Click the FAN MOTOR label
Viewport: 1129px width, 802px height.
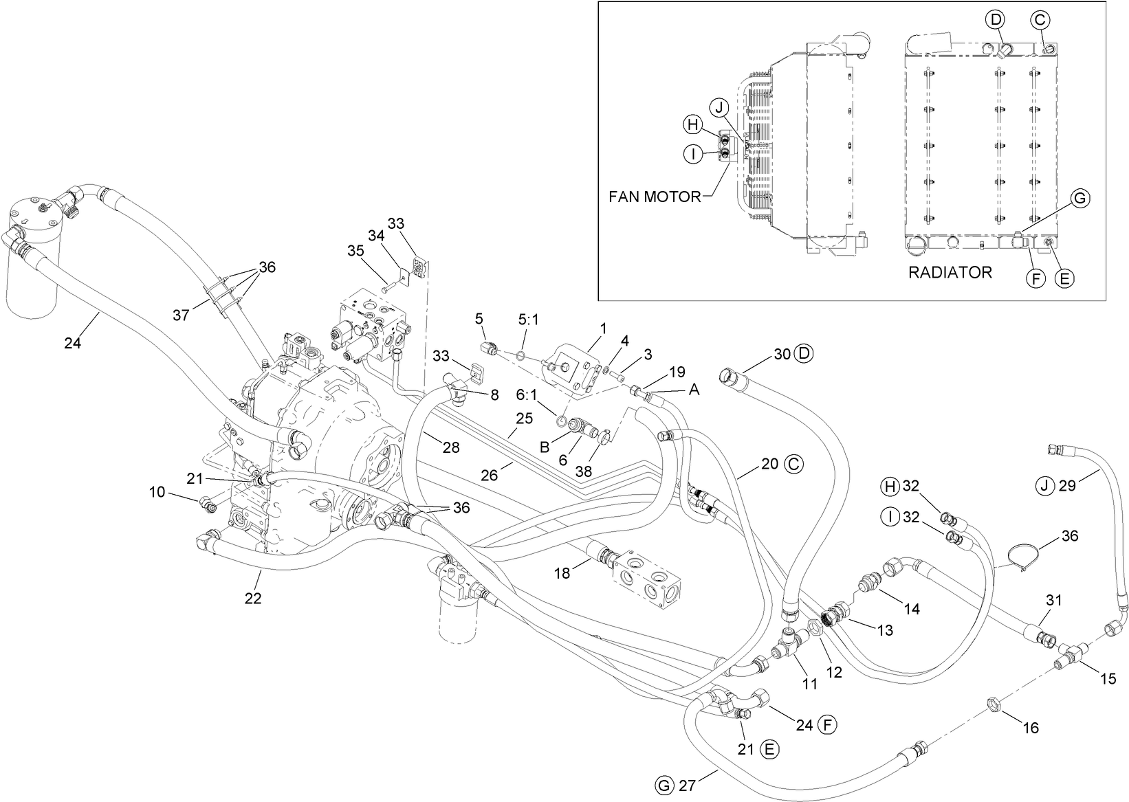[654, 197]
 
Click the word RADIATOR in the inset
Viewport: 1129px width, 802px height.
[950, 273]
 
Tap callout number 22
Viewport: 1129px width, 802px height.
[253, 599]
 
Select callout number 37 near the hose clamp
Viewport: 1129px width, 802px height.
[182, 315]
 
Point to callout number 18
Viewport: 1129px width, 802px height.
[562, 572]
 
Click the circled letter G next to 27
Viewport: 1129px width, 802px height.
[663, 786]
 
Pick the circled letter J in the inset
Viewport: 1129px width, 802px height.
[719, 107]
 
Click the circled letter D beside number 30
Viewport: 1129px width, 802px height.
[803, 354]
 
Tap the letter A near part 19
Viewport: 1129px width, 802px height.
[694, 390]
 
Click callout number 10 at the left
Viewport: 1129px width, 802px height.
[157, 492]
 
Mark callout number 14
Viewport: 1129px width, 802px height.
[912, 608]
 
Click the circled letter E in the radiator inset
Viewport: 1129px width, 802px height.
[1064, 278]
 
